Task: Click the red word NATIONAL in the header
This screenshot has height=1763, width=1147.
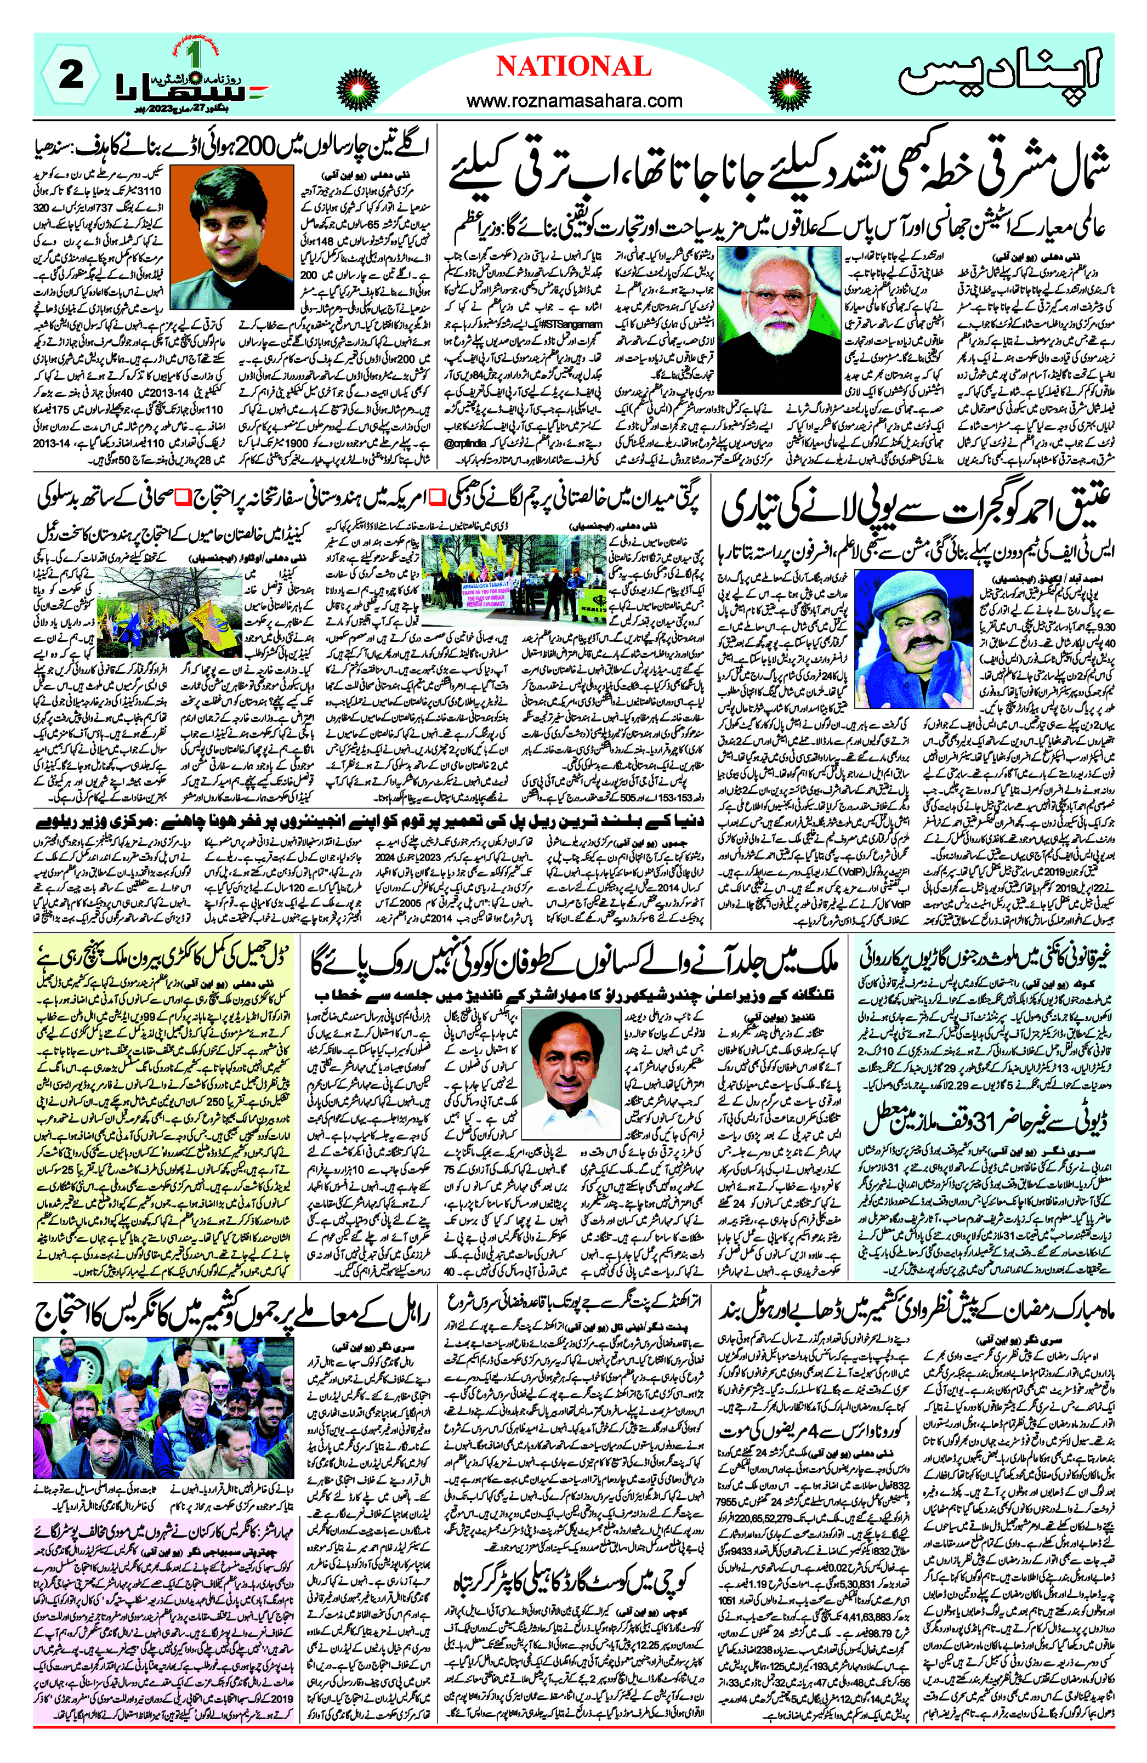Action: [x=573, y=67]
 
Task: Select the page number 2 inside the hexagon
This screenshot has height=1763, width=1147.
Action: [x=71, y=78]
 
